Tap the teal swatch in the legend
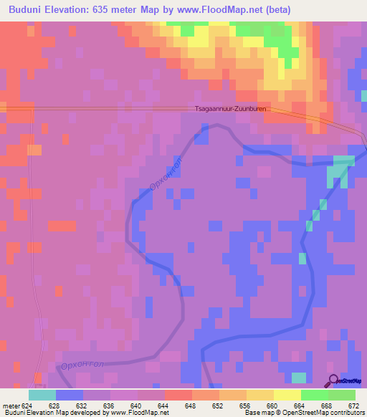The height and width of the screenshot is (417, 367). pos(42,395)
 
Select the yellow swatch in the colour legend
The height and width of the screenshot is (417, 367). pos(287,395)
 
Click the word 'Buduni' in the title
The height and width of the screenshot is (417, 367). pos(27,9)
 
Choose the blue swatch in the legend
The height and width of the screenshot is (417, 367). pos(70,395)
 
